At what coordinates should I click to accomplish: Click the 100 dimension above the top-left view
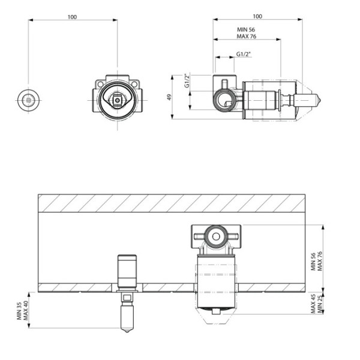coord(72,17)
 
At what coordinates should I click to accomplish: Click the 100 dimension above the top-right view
coord(257,16)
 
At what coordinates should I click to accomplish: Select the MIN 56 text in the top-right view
coord(246,29)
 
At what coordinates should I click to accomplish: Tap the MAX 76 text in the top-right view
coord(247,36)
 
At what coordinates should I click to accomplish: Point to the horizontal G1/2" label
coord(244,54)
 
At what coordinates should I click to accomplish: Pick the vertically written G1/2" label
coord(187,80)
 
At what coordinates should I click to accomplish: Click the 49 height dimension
coord(169,97)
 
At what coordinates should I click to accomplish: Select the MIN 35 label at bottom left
coord(19,311)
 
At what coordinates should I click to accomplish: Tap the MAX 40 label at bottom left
coord(25,311)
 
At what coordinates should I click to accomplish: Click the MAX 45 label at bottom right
coord(313,304)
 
